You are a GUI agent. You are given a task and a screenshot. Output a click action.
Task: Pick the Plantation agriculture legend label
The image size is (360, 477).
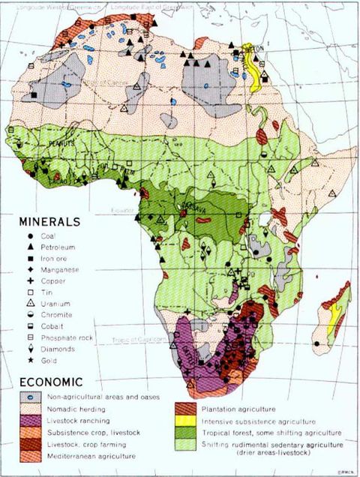click(x=235, y=409)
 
